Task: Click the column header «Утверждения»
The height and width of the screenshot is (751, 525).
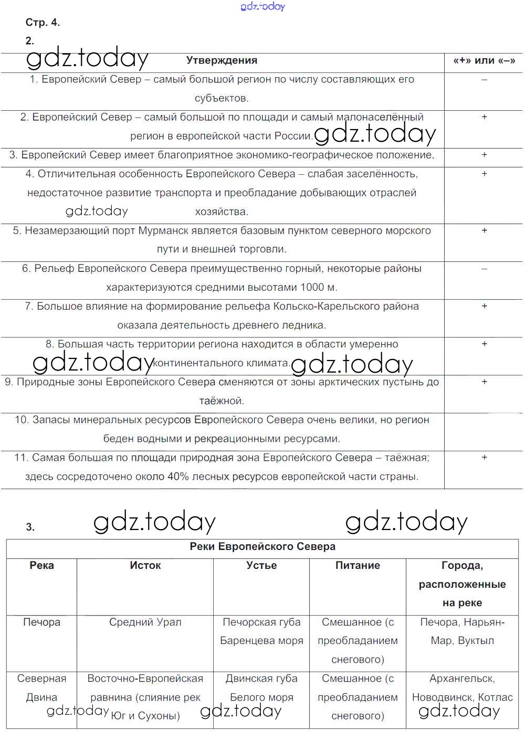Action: [x=222, y=60]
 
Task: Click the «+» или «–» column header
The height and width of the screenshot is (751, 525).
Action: [x=484, y=60]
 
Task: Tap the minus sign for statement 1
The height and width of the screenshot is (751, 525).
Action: [x=484, y=80]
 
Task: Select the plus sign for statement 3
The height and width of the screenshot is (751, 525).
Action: [x=484, y=155]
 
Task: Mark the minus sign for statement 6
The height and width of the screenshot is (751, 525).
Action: [x=484, y=269]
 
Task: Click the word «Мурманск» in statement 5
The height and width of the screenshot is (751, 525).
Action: [x=161, y=230]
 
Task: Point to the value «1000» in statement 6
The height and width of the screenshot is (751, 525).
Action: [x=312, y=288]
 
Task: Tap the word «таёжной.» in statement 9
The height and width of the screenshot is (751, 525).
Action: [x=222, y=401]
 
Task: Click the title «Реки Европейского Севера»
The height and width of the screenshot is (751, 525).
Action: [x=262, y=546]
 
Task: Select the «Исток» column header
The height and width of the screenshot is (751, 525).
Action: [x=145, y=565]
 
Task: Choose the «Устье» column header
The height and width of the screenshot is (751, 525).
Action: [x=261, y=565]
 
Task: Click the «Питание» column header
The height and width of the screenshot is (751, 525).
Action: [x=358, y=565]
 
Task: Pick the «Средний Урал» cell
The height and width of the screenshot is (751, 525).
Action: [x=145, y=622]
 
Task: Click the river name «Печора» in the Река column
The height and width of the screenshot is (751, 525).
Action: [x=41, y=622]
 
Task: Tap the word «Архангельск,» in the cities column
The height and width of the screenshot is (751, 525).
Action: [x=462, y=679]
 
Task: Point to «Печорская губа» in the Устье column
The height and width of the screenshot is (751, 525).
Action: [x=261, y=622]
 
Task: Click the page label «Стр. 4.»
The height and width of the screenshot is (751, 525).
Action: [x=43, y=23]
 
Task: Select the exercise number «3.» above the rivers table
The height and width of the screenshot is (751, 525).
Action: [x=30, y=527]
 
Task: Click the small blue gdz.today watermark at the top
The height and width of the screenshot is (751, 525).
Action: [x=262, y=6]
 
